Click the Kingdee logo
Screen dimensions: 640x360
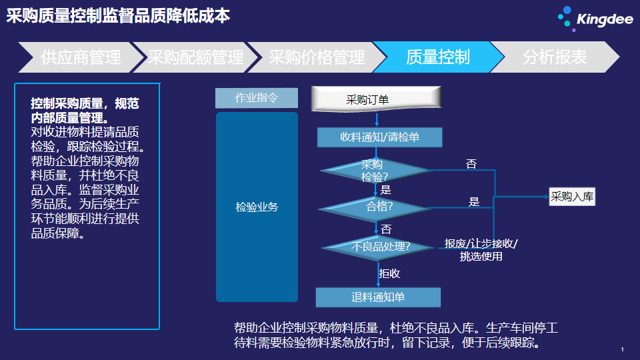(x=595, y=19)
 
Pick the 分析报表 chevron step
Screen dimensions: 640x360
(x=555, y=57)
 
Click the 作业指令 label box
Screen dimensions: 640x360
(x=256, y=98)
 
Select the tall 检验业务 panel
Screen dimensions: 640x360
(x=257, y=207)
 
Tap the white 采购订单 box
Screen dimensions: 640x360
(x=376, y=99)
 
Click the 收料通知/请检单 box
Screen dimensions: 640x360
(x=379, y=137)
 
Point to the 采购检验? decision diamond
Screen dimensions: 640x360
(x=375, y=171)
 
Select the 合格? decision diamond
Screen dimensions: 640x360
(x=375, y=208)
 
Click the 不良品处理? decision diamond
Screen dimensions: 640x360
(x=378, y=247)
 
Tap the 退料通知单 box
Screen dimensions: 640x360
(x=378, y=297)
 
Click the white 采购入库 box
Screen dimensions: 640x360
(x=572, y=197)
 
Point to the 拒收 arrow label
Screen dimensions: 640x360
(x=389, y=273)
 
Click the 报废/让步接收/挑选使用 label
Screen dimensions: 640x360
(x=481, y=250)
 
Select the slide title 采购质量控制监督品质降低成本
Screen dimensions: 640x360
(x=118, y=16)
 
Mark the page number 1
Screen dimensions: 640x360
(x=623, y=349)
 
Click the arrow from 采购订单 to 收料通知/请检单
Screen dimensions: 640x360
(x=377, y=119)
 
